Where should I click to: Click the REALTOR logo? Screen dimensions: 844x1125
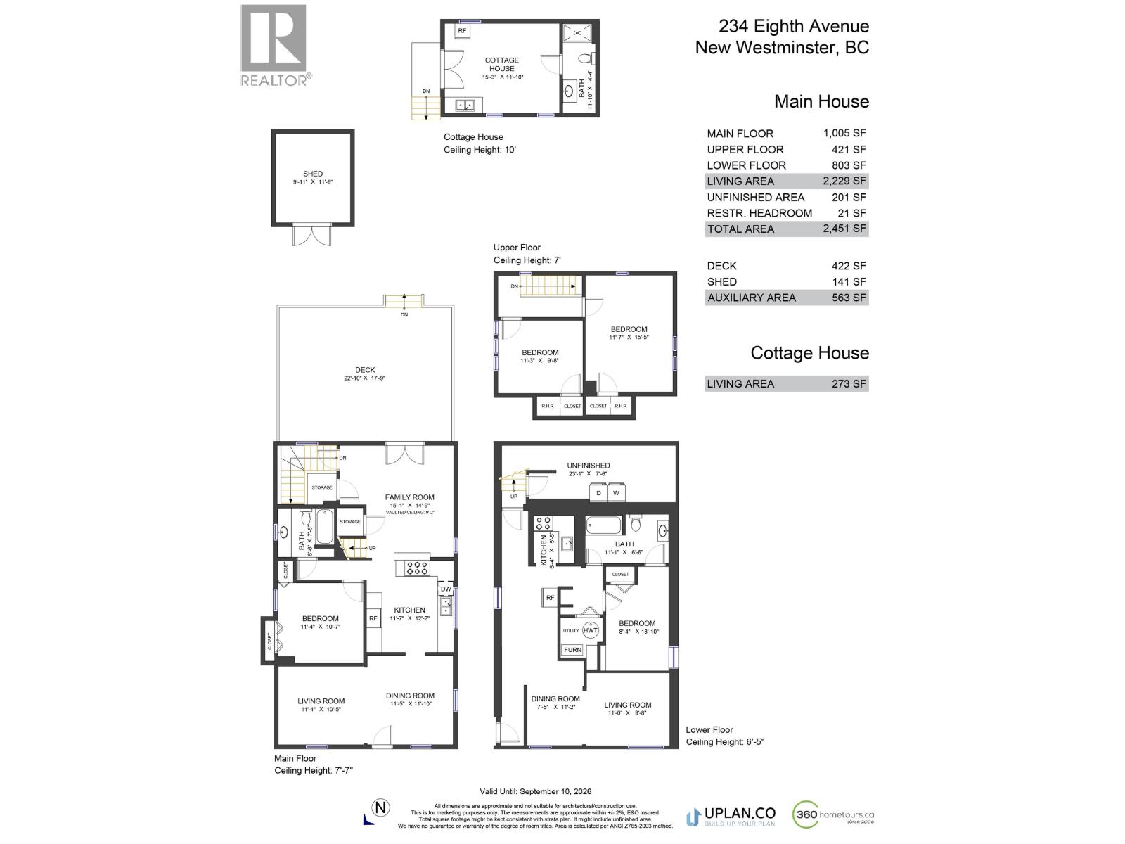coord(274,45)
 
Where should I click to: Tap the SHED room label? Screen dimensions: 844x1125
coord(313,174)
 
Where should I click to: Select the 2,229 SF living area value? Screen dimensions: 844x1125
coord(845,181)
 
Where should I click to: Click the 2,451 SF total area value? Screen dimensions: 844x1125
coord(845,229)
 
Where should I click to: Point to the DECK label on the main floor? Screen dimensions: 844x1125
coord(365,370)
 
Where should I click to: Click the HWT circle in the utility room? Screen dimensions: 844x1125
coord(591,630)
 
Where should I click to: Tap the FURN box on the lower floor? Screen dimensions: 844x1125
coord(572,650)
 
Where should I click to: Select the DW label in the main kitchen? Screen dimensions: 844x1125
coord(446,589)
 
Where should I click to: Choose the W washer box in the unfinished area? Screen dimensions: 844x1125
coord(616,493)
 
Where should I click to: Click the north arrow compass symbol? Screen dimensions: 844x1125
coord(380,808)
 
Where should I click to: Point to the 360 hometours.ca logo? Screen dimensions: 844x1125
coord(833,815)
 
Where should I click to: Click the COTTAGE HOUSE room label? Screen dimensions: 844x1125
coord(502,64)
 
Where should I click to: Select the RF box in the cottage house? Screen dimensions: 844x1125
coord(462,31)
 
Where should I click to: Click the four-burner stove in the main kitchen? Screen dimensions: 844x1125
coord(417,568)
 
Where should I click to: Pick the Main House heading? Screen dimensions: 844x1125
coord(821,101)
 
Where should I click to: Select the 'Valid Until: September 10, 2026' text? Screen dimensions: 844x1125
coord(535,791)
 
